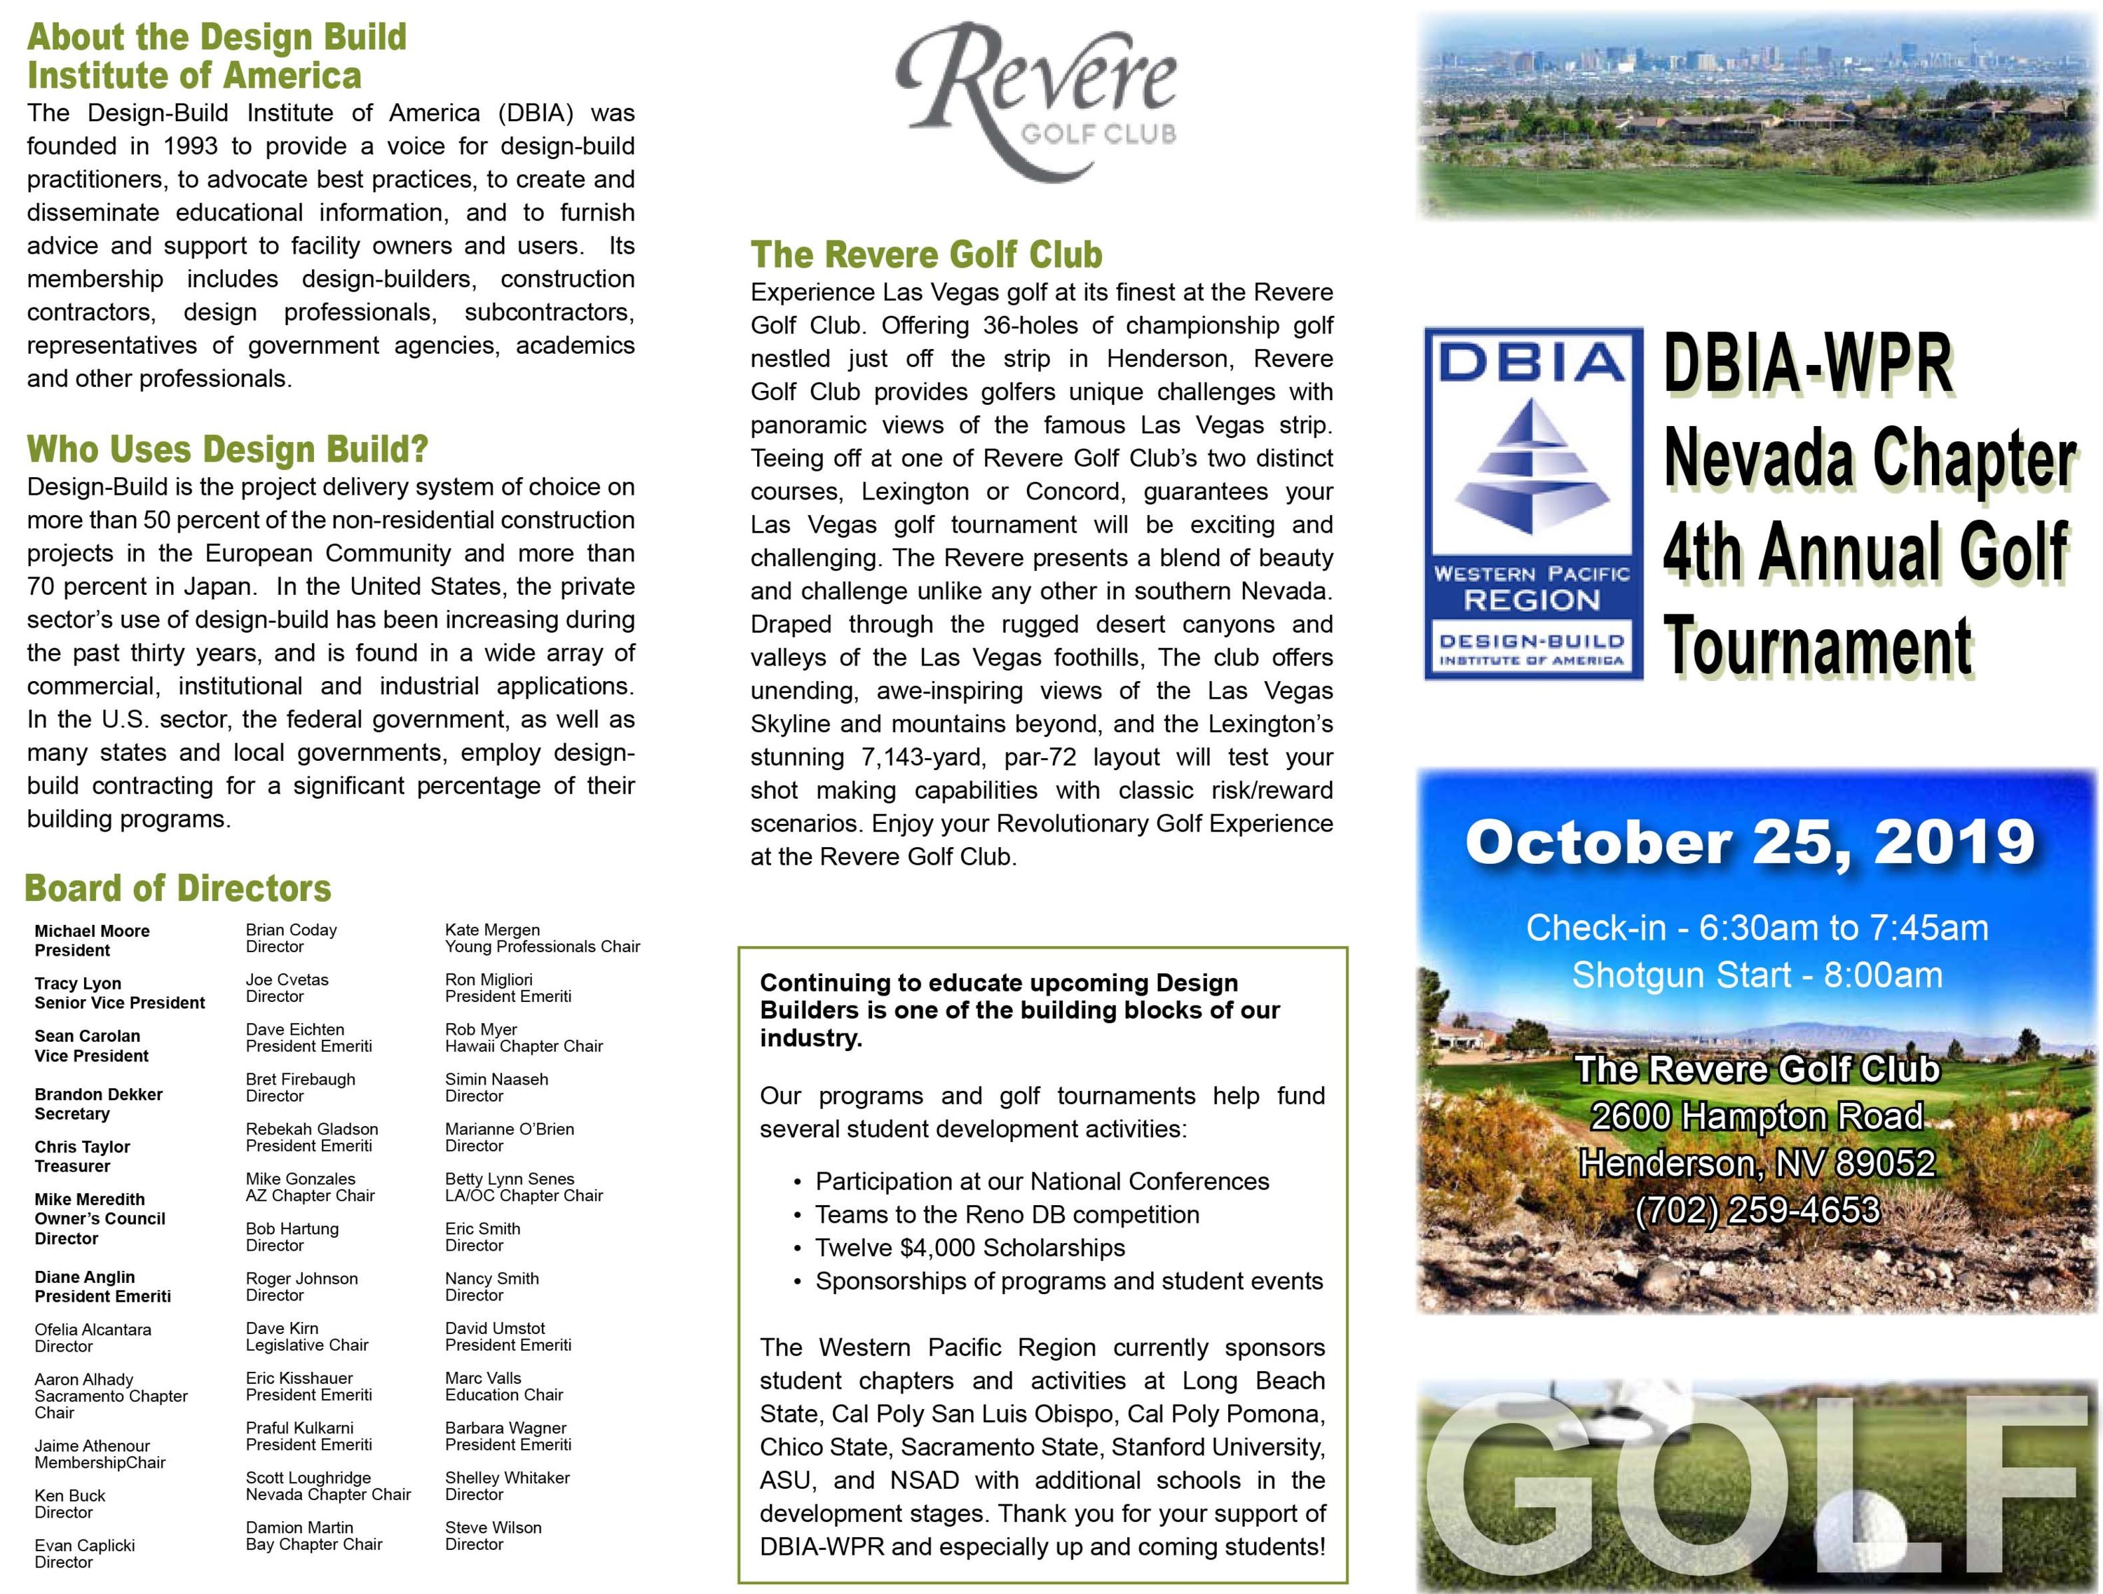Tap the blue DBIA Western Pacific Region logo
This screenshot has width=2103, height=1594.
1532,503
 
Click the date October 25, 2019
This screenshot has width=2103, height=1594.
1749,842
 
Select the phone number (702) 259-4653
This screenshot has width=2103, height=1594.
1757,1210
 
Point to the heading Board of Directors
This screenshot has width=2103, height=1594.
178,888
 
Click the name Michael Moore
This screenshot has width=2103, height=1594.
93,931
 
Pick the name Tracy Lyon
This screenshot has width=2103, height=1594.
78,984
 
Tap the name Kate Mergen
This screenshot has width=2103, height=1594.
493,930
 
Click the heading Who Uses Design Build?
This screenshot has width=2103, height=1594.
227,448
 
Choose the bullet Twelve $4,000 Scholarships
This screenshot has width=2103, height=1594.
969,1248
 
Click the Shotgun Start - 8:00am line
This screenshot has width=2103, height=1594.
1757,975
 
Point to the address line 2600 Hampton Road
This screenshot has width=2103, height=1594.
1757,1116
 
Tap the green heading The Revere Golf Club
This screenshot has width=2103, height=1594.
926,255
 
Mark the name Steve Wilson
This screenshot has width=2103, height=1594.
494,1527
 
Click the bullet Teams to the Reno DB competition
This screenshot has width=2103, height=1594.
1007,1215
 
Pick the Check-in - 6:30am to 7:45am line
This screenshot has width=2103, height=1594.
1757,928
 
